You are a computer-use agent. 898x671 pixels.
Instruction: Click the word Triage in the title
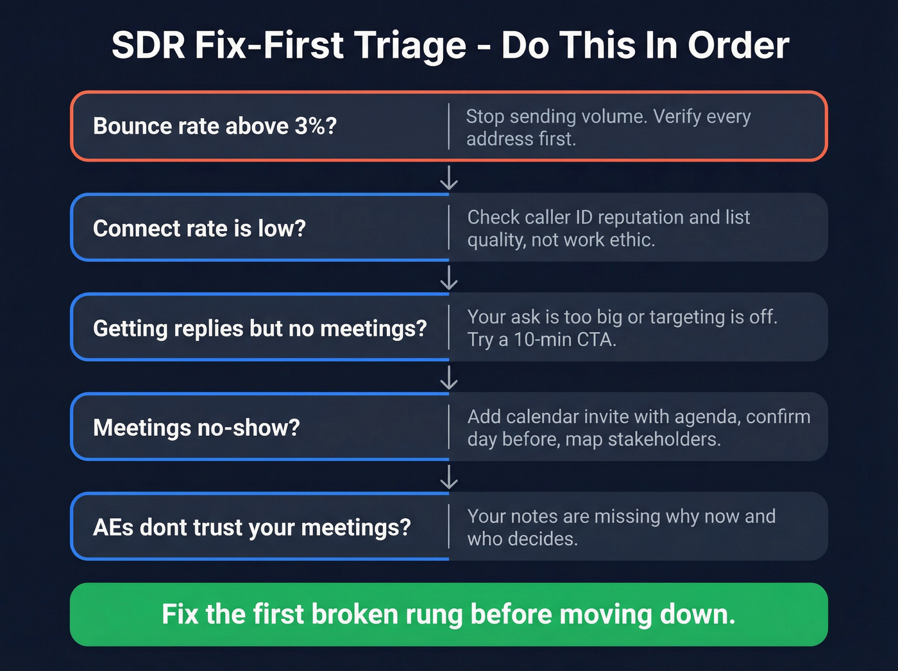410,46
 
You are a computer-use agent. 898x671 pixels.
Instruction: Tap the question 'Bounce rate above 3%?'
215,126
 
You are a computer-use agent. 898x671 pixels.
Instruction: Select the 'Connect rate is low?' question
199,228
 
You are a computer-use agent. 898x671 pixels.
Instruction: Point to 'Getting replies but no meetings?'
260,328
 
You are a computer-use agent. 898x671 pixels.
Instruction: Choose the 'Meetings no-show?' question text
196,428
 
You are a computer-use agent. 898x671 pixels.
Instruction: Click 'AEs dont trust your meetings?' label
252,527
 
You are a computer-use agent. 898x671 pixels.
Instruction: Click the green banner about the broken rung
449,614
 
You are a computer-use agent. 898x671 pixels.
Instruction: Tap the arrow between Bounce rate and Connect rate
449,177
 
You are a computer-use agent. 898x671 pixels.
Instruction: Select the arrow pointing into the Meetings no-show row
449,378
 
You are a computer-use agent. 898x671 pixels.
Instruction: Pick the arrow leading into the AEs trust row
449,477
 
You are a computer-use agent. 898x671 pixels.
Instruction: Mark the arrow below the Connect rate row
449,277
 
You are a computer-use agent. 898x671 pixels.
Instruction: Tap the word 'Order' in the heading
738,46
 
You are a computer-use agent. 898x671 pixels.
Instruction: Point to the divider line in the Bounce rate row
448,126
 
